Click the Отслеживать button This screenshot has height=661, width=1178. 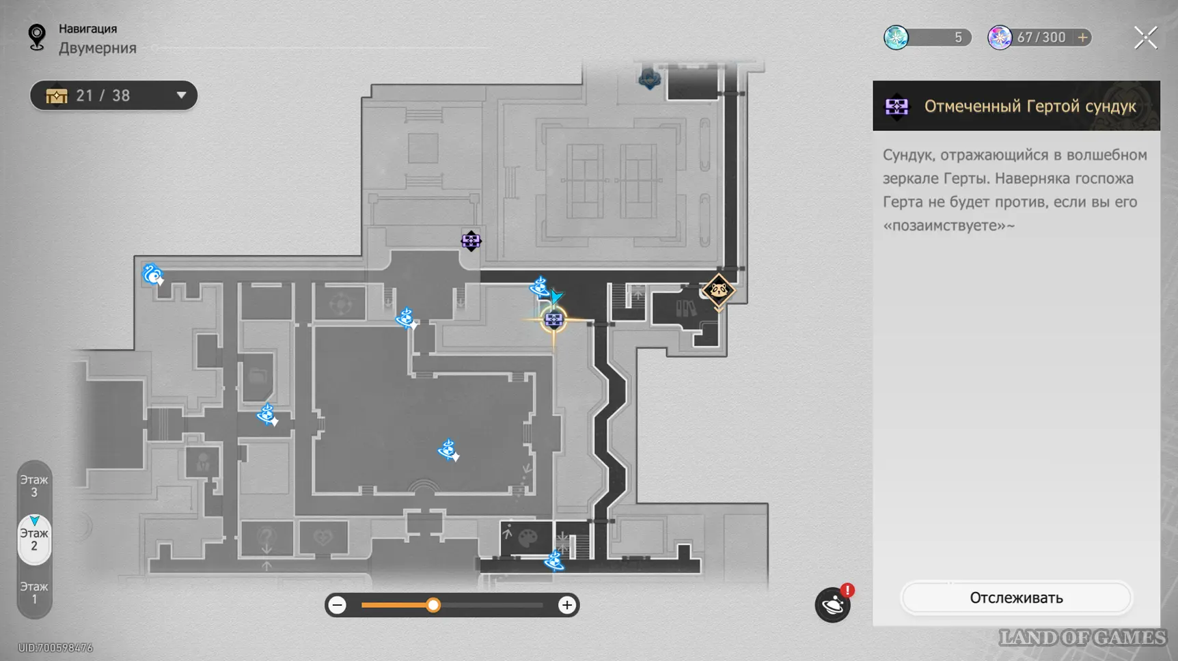coord(1016,598)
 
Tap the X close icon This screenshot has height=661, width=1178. coord(1145,38)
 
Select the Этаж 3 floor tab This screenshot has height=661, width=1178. coord(34,486)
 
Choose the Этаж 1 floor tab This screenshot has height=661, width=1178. coord(34,593)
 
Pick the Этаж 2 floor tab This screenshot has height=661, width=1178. coord(34,539)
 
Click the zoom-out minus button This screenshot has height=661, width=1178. coord(338,605)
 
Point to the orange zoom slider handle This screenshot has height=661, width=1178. coord(433,605)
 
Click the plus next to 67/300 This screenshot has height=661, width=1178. coord(1082,38)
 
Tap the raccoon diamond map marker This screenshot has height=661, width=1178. coord(718,291)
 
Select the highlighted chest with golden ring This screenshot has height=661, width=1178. coord(553,319)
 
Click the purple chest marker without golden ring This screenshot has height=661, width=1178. coord(471,240)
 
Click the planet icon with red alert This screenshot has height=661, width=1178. coord(833,604)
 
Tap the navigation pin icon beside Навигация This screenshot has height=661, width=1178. coord(37,37)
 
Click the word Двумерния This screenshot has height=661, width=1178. coord(98,48)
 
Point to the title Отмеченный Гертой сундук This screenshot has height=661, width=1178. coord(1030,107)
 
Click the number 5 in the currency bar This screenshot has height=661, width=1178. coord(958,38)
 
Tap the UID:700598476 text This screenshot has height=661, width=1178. coord(55,647)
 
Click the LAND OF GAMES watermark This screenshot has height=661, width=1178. coord(1082,638)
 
